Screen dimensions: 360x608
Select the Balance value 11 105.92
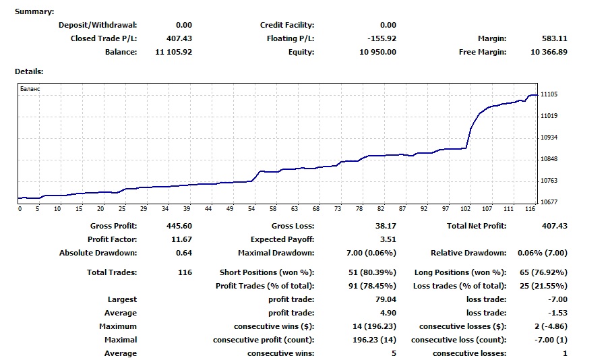coord(173,52)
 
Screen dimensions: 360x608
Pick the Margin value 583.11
coord(554,38)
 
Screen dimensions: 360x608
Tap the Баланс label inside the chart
coord(30,89)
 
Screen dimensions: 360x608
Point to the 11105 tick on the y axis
coord(549,95)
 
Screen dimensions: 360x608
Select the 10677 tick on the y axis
coord(549,202)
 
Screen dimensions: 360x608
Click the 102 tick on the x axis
coord(466,209)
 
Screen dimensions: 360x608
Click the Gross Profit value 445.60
coord(179,226)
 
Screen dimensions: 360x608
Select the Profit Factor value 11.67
coord(181,239)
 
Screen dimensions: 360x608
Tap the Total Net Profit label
coord(476,226)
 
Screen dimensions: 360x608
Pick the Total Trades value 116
coord(185,272)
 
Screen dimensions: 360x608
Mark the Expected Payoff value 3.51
coord(388,239)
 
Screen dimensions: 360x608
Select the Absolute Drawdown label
coord(98,253)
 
